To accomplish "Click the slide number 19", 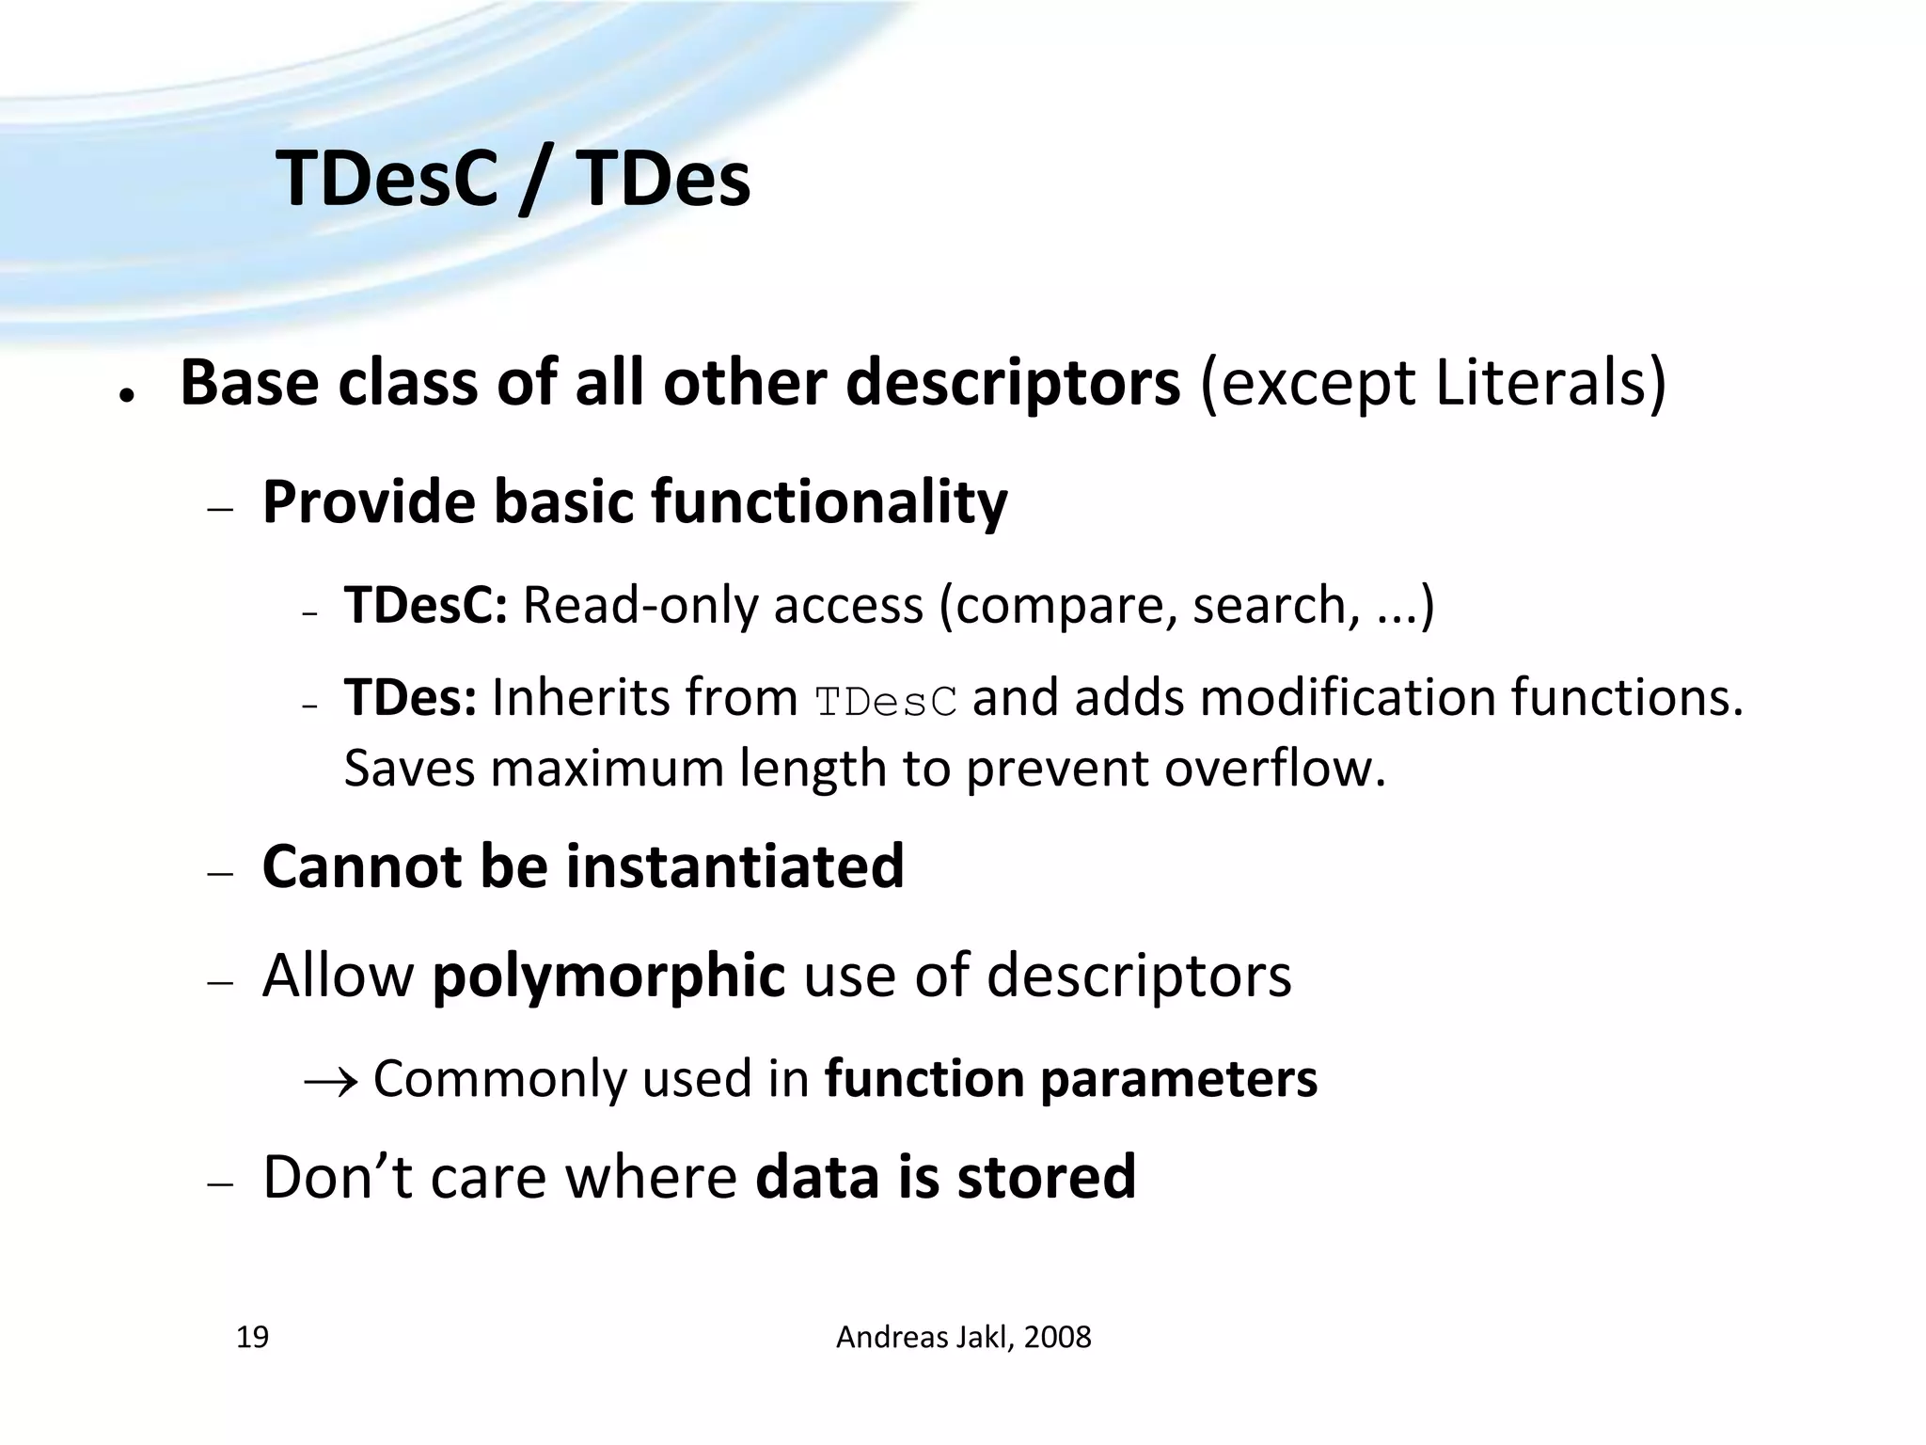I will click(x=252, y=1337).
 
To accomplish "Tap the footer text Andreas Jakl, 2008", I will click(x=963, y=1337).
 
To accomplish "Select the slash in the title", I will click(x=533, y=181).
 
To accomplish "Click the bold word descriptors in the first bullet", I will click(x=1012, y=384).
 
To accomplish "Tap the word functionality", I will click(x=829, y=502).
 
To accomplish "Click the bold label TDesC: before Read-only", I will click(x=426, y=605).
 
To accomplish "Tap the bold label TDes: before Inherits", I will click(x=411, y=698).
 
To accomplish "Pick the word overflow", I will click(x=1274, y=769).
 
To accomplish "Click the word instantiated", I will click(x=734, y=866).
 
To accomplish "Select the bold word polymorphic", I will click(x=608, y=976).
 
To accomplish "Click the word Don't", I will click(x=338, y=1177).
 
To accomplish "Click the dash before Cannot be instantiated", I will click(x=220, y=874).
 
